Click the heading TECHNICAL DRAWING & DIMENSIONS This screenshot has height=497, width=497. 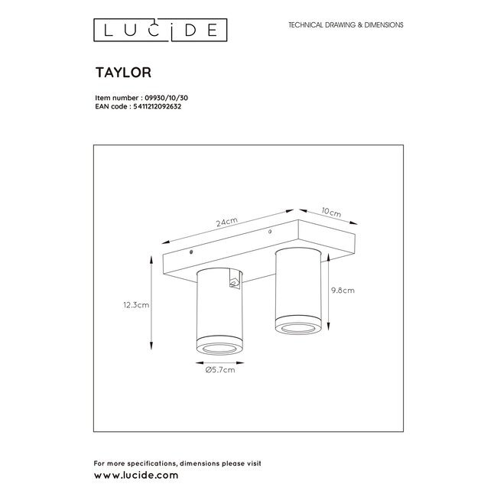(x=346, y=25)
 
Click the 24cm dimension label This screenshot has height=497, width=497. (x=227, y=222)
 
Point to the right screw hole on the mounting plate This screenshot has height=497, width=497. (x=269, y=231)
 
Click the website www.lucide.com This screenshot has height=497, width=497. (x=136, y=475)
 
